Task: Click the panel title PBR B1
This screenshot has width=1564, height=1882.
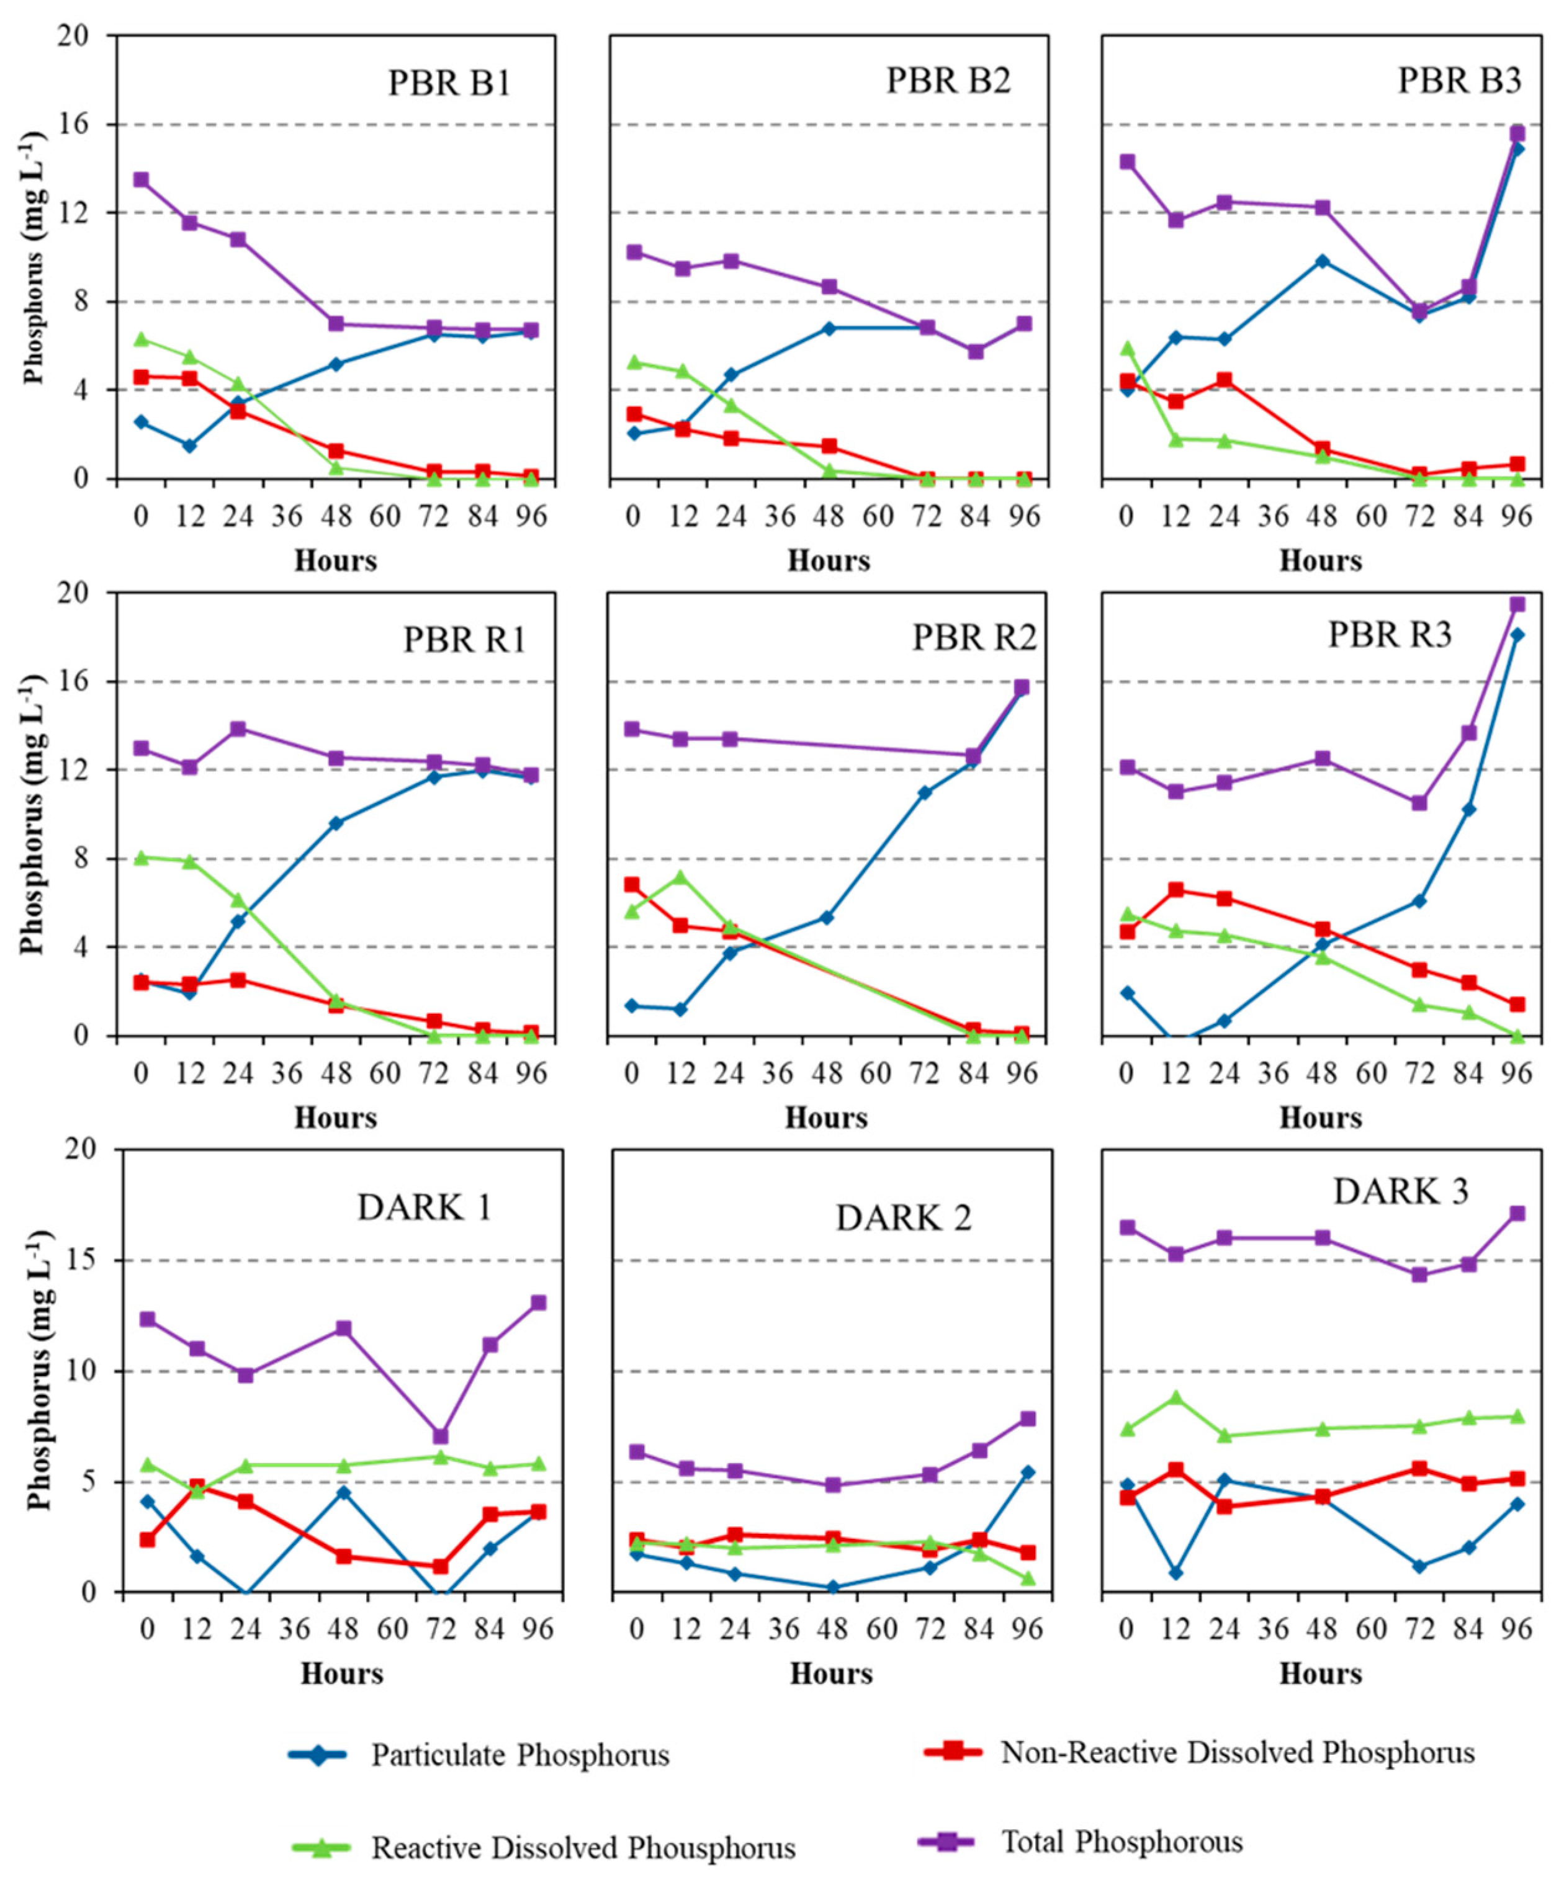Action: (x=449, y=83)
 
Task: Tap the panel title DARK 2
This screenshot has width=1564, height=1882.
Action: (x=904, y=1218)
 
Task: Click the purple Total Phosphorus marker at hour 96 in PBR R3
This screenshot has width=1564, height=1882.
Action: (x=1516, y=604)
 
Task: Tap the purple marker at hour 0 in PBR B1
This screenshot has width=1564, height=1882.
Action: (x=141, y=179)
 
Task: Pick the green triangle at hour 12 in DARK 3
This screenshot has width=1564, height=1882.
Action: (x=1176, y=1397)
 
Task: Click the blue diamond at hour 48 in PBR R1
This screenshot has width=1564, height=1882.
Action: (x=336, y=823)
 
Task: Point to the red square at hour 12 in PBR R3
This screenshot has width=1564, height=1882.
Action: (x=1176, y=890)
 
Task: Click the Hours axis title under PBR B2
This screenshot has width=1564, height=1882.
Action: (x=828, y=561)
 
